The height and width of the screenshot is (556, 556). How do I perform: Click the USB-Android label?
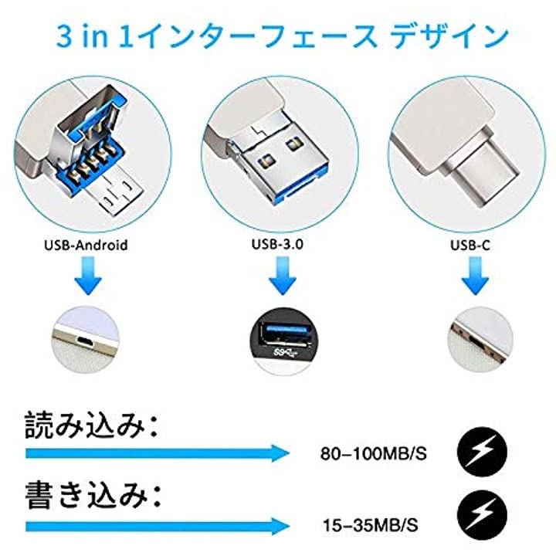86,245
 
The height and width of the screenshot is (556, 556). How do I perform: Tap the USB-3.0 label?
277,244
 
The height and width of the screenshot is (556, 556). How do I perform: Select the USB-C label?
470,245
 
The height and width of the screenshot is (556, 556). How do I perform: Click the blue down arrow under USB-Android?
88,276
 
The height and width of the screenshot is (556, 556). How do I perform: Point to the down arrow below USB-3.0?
283,276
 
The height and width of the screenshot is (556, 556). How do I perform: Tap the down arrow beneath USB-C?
475,276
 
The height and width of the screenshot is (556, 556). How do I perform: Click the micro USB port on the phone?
85,341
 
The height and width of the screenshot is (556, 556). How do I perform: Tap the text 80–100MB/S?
374,453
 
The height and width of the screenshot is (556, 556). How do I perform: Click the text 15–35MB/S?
371,525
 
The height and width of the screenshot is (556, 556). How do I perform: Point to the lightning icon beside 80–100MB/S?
482,452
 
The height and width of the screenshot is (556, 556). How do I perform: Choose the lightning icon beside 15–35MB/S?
482,514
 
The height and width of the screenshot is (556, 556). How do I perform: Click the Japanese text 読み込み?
85,425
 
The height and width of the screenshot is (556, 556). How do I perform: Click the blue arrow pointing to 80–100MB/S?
157,453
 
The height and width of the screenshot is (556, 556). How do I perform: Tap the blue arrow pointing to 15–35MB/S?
157,526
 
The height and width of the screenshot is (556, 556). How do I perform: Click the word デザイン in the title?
449,36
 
